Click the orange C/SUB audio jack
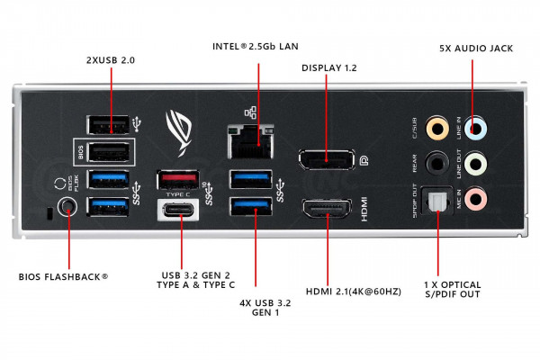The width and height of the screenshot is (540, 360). click(437, 129)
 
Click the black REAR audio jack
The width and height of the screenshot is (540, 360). click(437, 162)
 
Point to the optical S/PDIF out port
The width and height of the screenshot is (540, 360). click(437, 201)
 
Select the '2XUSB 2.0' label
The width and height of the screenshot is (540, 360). click(112, 58)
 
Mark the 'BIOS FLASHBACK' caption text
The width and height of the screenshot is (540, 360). click(63, 276)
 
